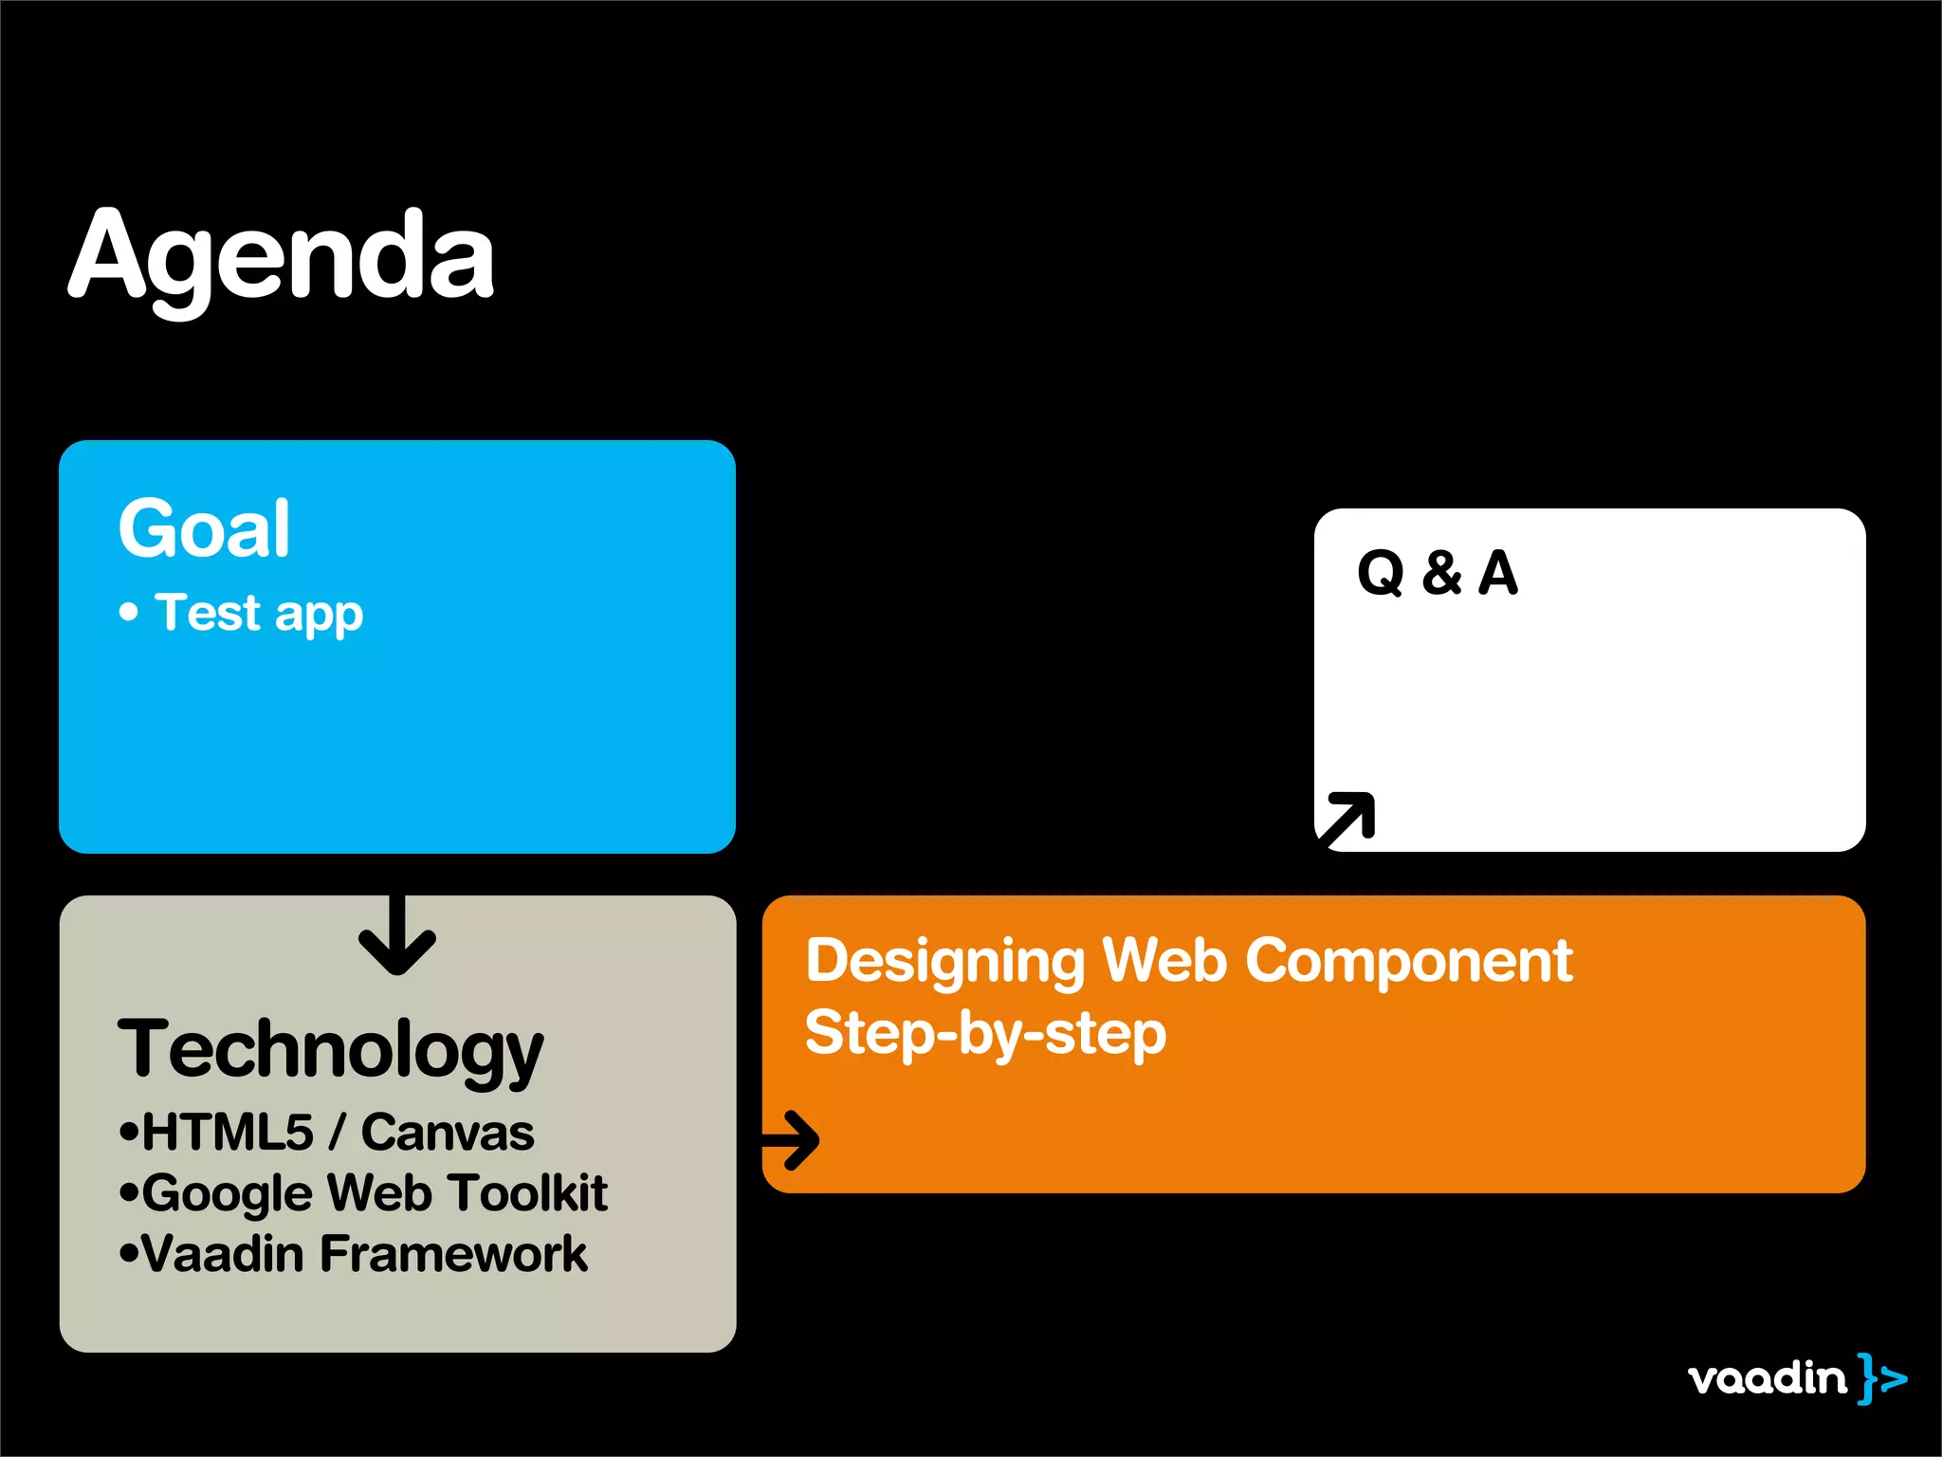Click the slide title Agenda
tap(281, 256)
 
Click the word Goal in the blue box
tap(204, 528)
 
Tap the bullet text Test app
tap(259, 613)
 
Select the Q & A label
tap(1437, 573)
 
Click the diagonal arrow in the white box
tap(1347, 817)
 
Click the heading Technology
tap(330, 1050)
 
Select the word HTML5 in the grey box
tap(228, 1133)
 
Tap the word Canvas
tap(448, 1133)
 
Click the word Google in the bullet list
tap(228, 1193)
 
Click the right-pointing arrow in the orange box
tap(792, 1140)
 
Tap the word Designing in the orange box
tap(944, 962)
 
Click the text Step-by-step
tap(985, 1033)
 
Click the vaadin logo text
tap(1767, 1377)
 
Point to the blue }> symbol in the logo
tap(1882, 1377)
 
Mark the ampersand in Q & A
tap(1441, 573)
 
